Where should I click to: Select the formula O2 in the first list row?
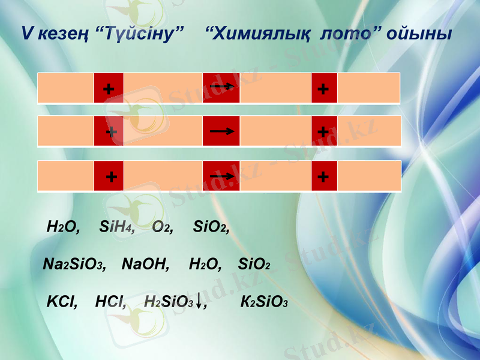[x=163, y=227]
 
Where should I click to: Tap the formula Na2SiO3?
[x=75, y=264]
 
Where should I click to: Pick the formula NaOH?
[x=146, y=264]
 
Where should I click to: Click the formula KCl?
[x=62, y=302]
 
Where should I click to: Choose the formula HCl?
[x=110, y=302]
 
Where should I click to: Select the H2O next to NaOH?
[x=205, y=264]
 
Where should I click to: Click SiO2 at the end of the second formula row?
[x=254, y=264]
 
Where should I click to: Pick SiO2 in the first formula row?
[x=211, y=227]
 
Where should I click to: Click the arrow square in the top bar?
[x=221, y=88]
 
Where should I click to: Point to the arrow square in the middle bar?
[x=221, y=131]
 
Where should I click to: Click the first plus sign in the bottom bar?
[x=109, y=176]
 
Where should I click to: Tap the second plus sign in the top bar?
[x=324, y=88]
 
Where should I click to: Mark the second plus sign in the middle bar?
[x=324, y=131]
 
